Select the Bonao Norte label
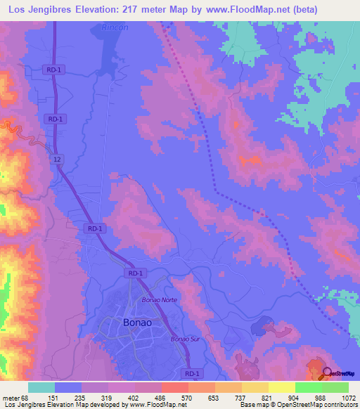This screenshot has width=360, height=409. [159, 300]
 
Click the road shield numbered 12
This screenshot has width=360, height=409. [56, 160]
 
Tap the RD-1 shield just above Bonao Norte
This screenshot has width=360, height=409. [136, 273]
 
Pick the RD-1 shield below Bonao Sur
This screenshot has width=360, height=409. [191, 373]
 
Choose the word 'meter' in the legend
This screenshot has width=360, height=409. [10, 397]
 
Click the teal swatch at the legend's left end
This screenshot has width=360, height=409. [41, 387]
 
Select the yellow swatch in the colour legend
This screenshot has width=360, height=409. [281, 387]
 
